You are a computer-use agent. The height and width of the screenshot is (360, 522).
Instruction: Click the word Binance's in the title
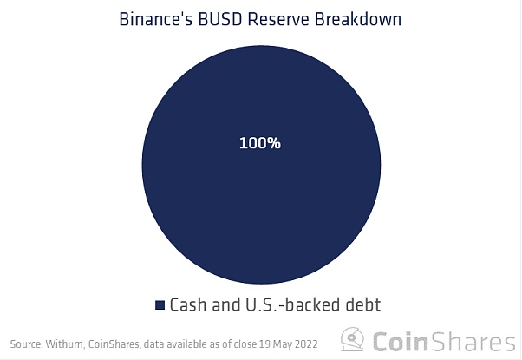tap(156, 19)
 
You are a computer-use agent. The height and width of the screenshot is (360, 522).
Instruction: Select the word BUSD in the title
tap(219, 19)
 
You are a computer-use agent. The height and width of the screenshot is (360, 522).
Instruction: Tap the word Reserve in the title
tap(278, 19)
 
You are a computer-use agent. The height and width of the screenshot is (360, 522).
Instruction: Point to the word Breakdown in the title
tap(358, 19)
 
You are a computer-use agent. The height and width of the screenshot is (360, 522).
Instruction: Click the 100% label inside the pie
tap(260, 143)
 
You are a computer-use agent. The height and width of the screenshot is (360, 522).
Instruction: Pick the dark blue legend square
tap(160, 305)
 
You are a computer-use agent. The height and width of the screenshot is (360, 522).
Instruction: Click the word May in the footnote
tap(281, 344)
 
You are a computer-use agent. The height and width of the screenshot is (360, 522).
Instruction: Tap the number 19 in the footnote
tap(264, 344)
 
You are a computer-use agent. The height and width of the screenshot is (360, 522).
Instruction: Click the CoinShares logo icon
tap(352, 339)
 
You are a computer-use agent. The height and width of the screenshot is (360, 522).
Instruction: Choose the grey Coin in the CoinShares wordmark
tap(400, 341)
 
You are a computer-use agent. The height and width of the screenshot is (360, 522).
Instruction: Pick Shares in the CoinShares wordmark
tap(473, 341)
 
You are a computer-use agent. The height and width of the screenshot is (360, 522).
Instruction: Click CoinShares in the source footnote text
tap(114, 344)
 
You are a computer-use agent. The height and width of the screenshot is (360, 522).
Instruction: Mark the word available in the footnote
tap(186, 344)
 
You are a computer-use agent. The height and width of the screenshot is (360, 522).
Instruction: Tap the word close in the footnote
tap(245, 344)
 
